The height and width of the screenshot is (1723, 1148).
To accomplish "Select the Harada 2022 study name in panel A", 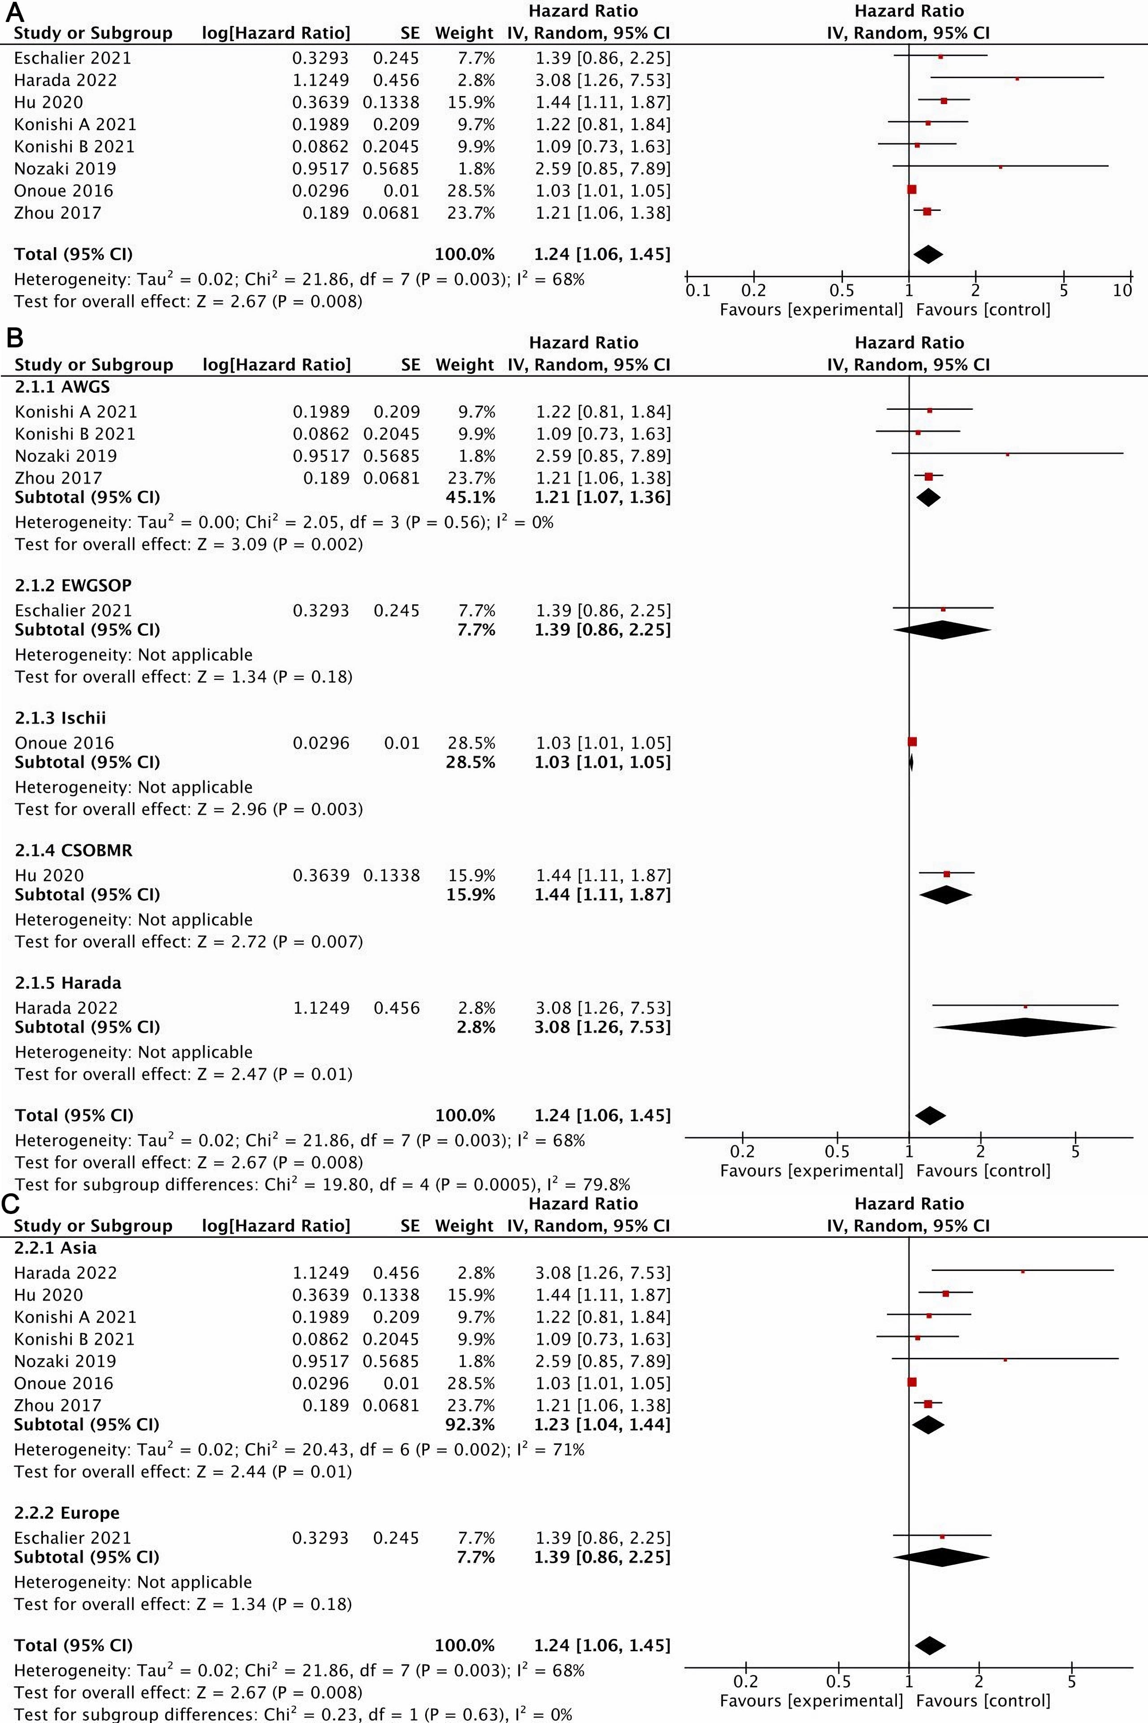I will point(65,80).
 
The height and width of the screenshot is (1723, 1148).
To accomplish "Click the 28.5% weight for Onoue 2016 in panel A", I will point(471,191).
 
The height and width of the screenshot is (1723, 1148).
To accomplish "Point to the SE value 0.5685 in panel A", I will point(391,169).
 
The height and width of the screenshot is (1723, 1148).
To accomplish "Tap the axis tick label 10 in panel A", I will point(1122,291).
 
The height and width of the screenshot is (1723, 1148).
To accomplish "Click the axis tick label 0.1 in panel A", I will point(698,291).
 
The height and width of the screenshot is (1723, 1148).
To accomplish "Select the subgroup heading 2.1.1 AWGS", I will point(62,386).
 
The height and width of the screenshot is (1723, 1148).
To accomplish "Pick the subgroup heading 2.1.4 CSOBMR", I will point(73,850).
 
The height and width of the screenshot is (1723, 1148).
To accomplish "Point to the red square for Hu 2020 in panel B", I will point(947,874).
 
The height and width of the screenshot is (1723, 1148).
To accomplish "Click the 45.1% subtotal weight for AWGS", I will point(471,497).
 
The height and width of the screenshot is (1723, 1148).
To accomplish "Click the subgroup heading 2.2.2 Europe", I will point(67,1513).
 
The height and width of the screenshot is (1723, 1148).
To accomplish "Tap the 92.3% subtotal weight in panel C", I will point(471,1424).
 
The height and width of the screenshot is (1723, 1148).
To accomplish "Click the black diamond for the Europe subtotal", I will point(942,1557).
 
